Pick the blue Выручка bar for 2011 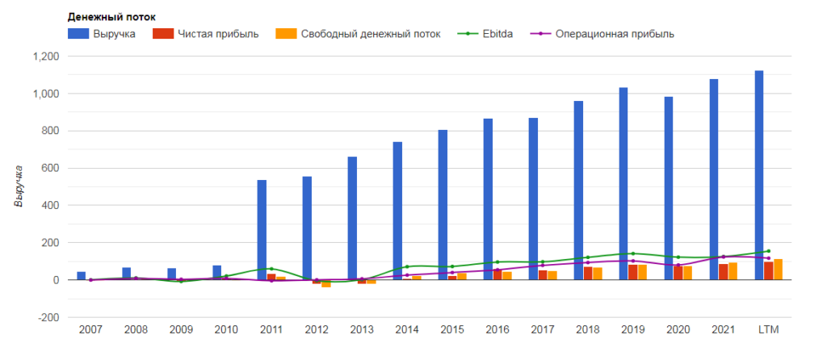(x=262, y=230)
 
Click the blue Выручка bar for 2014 (x=397, y=211)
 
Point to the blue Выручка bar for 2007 (x=81, y=276)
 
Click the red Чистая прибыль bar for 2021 (x=724, y=272)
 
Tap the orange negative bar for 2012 (x=326, y=283)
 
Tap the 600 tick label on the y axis (x=50, y=168)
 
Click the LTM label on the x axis (x=767, y=330)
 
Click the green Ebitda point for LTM (x=768, y=251)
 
